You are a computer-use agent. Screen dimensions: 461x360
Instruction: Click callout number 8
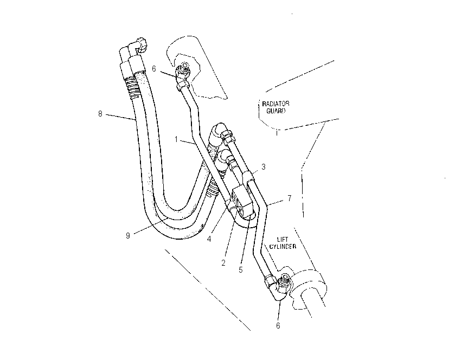coord(100,114)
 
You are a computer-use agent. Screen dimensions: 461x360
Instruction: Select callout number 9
coord(128,236)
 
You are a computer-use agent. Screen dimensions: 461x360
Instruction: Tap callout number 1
coord(176,139)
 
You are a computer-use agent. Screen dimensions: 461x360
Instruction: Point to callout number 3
coord(264,167)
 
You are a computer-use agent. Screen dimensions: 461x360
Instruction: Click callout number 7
coord(290,198)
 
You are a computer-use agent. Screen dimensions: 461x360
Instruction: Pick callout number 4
coord(209,239)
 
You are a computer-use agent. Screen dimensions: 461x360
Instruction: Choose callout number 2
coord(223,263)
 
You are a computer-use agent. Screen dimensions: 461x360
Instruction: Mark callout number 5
coord(241,270)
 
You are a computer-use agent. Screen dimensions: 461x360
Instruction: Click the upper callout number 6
coord(154,69)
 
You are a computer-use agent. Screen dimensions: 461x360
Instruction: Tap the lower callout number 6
coord(278,326)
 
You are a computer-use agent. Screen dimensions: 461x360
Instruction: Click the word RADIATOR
coord(276,104)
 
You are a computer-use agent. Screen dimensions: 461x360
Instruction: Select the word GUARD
coord(276,111)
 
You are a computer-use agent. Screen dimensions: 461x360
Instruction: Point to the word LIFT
coord(283,240)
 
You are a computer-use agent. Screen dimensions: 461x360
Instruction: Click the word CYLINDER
coord(283,247)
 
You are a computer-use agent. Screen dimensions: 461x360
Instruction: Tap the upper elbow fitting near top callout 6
coord(182,75)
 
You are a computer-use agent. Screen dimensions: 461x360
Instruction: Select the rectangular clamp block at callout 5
coord(243,202)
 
